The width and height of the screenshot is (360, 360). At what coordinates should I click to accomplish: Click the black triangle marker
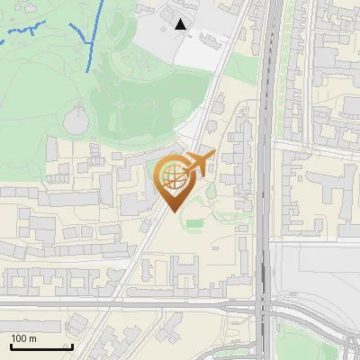(x=181, y=25)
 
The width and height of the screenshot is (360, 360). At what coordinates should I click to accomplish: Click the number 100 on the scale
(x=21, y=338)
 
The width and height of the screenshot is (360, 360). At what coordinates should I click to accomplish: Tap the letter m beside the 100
(x=32, y=338)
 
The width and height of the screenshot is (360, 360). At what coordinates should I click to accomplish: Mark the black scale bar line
(x=41, y=346)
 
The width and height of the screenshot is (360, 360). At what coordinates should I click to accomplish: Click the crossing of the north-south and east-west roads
(x=264, y=306)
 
